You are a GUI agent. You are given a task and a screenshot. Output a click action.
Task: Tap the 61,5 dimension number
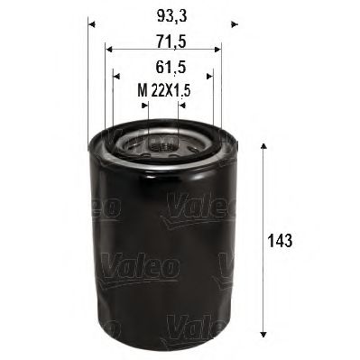click(x=162, y=66)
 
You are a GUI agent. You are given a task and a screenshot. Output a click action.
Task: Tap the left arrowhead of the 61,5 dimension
click(x=116, y=76)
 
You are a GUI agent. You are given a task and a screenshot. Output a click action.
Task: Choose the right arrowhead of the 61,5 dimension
click(x=208, y=76)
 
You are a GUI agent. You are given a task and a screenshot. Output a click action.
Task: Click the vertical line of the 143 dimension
click(x=263, y=198)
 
